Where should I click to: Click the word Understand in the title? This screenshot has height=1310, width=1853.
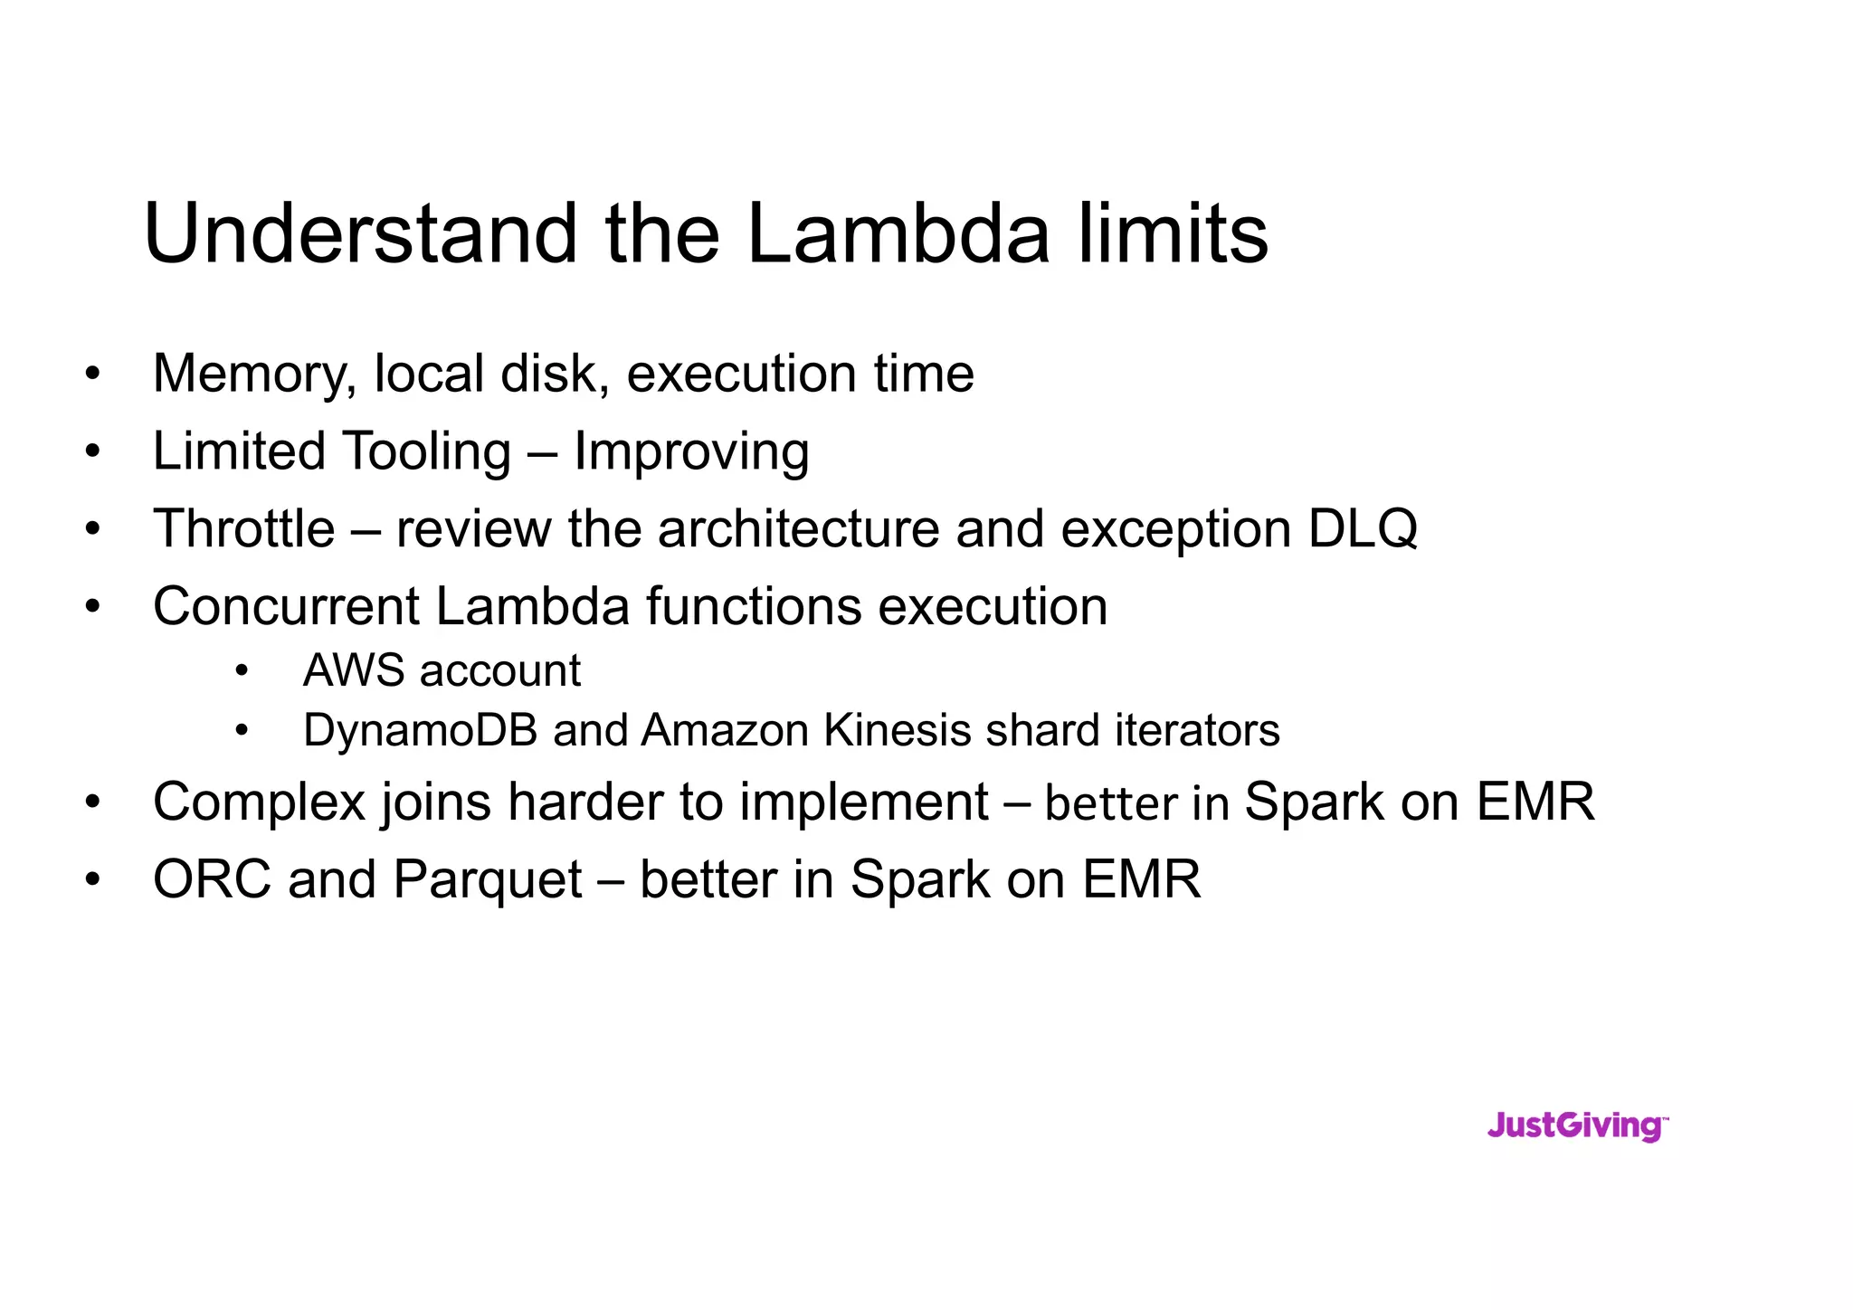(x=360, y=234)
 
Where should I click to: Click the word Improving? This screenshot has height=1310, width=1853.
(x=691, y=452)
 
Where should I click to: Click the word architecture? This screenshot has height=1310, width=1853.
(x=799, y=528)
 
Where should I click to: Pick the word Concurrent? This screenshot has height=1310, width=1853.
(x=285, y=606)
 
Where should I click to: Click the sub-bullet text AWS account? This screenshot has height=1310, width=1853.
(x=442, y=671)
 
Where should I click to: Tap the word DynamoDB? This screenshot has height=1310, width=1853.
(x=420, y=731)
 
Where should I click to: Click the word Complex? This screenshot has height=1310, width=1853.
(x=258, y=803)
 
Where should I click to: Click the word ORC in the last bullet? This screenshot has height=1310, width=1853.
(x=212, y=879)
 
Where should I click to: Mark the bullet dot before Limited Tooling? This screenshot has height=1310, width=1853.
(x=92, y=451)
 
